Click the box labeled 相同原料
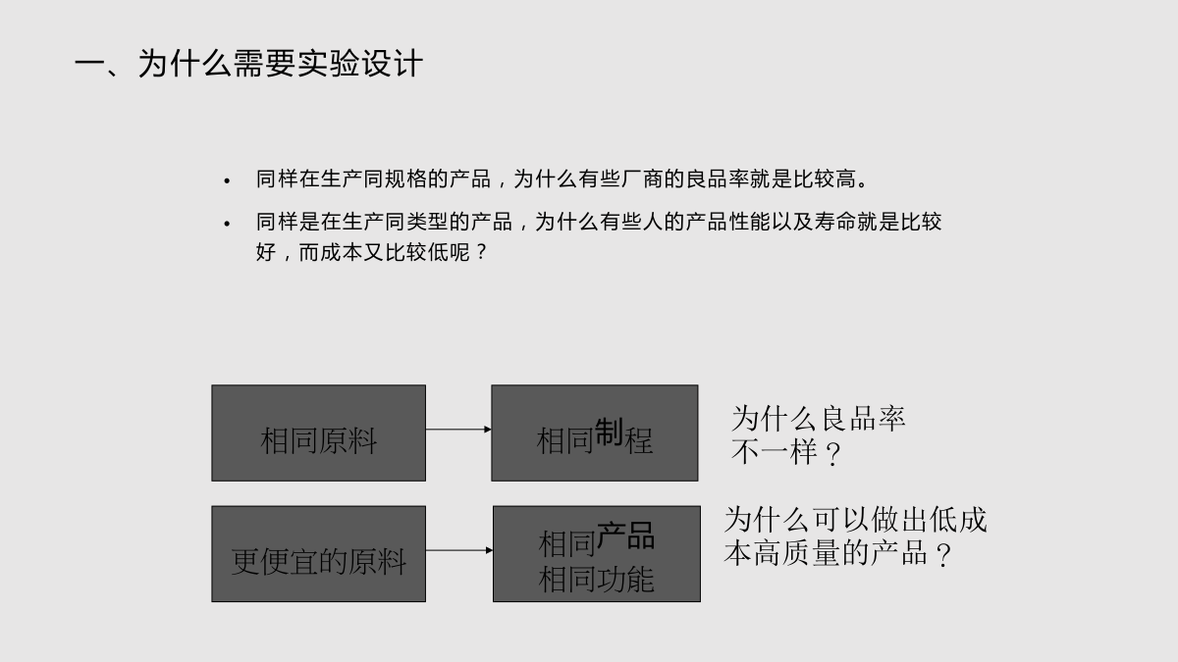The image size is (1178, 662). coord(319,433)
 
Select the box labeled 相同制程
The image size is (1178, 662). coord(595,433)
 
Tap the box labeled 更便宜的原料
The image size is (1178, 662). coord(319,554)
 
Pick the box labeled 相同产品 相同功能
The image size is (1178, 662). coord(597,554)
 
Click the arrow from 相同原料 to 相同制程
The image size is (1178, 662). coord(458,430)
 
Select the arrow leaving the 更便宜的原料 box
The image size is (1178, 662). coord(459,550)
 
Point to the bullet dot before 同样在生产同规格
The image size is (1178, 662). coord(227,181)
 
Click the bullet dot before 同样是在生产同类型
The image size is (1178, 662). coord(227,224)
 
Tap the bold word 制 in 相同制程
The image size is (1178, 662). coord(609,432)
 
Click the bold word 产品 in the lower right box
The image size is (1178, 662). coord(626,535)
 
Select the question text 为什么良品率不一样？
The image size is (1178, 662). coord(819,435)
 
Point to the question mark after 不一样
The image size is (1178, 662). coord(833,454)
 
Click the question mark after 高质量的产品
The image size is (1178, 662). coord(944,555)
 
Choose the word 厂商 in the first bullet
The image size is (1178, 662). coord(642,179)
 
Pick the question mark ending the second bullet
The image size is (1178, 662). coord(481,252)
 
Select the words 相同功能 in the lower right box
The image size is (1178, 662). coord(597,580)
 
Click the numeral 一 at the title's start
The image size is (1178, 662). coord(90,65)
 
